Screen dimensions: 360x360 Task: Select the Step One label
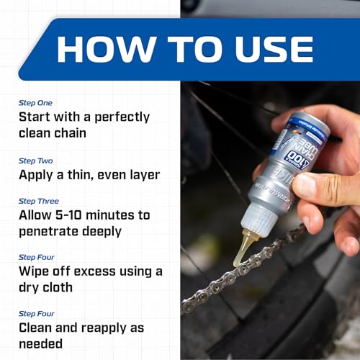tap(35, 103)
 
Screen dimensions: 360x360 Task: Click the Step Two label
tap(35, 160)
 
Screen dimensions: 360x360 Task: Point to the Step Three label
tap(39, 201)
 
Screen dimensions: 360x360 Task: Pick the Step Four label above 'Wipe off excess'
tap(37, 257)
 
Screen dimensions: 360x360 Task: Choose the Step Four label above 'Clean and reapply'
tap(37, 313)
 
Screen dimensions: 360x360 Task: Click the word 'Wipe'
tap(36, 271)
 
